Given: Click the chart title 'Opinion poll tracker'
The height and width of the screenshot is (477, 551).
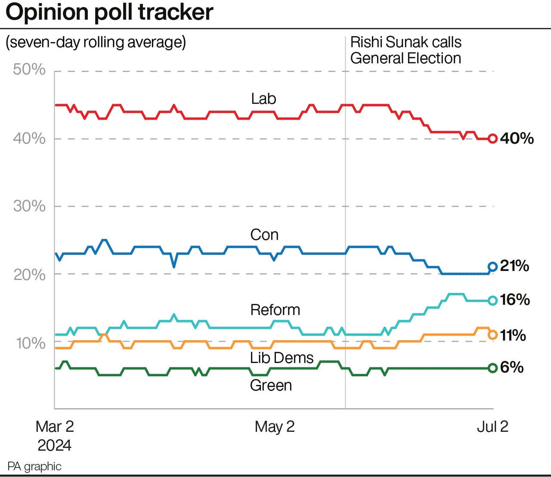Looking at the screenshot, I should [x=109, y=12].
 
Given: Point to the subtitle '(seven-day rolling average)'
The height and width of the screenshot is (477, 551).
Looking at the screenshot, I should [x=96, y=42].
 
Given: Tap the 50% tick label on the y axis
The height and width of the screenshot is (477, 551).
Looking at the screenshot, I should [x=29, y=69].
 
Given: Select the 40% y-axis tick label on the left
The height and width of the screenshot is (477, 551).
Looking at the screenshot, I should [x=29, y=138].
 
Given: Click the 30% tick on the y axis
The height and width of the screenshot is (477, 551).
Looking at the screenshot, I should [x=29, y=206].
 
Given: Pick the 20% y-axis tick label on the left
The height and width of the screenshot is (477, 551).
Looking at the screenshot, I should [x=29, y=274].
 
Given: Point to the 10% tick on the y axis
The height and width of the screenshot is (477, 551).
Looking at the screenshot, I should [x=30, y=343].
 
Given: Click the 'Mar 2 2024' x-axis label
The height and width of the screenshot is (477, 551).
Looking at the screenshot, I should [x=55, y=435].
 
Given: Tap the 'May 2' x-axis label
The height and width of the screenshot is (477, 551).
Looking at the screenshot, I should [x=275, y=427].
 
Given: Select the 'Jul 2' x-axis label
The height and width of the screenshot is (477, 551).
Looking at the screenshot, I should [x=492, y=427].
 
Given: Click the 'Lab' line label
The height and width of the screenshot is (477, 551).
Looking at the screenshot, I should [x=263, y=99].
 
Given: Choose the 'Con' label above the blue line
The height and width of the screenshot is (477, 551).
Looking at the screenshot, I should [x=264, y=235].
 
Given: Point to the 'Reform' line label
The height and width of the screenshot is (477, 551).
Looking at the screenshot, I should [x=275, y=310].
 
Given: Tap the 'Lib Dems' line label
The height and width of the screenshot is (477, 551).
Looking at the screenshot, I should [x=282, y=358].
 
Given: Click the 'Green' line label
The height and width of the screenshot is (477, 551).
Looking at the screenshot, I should [x=271, y=385].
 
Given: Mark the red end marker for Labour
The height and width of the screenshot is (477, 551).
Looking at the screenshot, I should [x=493, y=138].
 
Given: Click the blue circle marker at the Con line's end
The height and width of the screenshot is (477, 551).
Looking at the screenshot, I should [x=493, y=267].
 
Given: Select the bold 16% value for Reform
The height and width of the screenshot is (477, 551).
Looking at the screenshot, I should [x=515, y=300].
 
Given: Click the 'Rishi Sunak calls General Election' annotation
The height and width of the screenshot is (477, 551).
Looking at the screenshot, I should [x=406, y=50].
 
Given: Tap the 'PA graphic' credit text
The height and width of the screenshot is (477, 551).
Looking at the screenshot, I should [x=34, y=466].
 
